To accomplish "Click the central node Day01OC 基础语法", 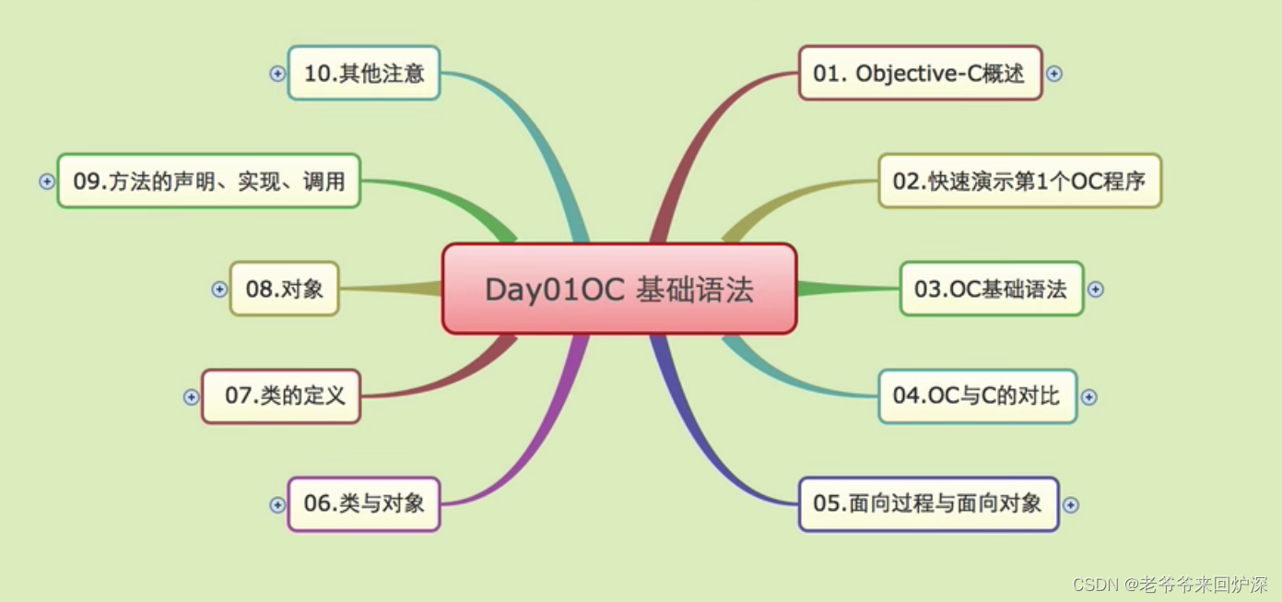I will click(x=618, y=289).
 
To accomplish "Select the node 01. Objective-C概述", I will click(x=919, y=73).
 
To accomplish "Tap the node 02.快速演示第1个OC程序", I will click(x=1019, y=181).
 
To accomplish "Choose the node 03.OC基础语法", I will click(x=991, y=289).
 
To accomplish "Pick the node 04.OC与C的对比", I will click(x=977, y=396).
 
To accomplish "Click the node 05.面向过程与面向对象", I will click(x=928, y=503).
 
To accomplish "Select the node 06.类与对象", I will click(x=364, y=503).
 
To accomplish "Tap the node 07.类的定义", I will click(x=281, y=396).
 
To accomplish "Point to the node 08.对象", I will click(x=284, y=289).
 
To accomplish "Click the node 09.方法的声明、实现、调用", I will click(x=208, y=181).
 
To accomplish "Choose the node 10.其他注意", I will click(x=364, y=73).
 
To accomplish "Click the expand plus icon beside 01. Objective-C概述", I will click(x=1054, y=74).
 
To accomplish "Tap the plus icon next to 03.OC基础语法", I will click(x=1095, y=289).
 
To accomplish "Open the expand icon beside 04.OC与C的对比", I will click(x=1088, y=397).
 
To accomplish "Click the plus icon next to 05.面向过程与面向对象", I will click(x=1070, y=505).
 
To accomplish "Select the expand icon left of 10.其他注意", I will click(x=277, y=74).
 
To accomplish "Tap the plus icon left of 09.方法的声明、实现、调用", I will click(x=47, y=182).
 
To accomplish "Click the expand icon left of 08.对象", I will click(x=219, y=289).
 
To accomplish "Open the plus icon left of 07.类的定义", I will click(x=191, y=397).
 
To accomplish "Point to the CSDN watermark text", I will click(x=1170, y=584).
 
